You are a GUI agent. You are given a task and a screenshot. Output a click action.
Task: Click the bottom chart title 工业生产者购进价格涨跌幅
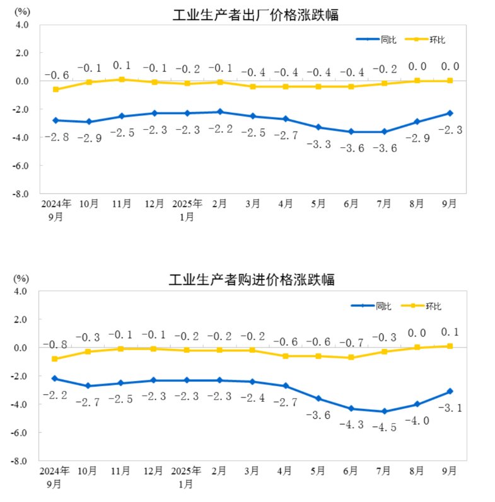(x=252, y=280)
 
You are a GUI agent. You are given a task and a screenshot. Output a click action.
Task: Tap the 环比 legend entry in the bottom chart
(x=433, y=307)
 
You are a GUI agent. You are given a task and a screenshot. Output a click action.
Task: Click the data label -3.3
(x=318, y=144)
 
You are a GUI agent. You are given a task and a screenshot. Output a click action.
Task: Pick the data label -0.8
(x=56, y=345)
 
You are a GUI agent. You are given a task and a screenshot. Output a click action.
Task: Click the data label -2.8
(x=56, y=137)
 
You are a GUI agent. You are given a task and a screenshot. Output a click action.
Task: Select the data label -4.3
(x=351, y=425)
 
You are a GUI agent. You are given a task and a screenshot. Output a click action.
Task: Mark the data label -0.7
(x=351, y=343)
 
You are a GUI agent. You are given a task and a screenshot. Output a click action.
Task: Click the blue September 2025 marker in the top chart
(x=450, y=113)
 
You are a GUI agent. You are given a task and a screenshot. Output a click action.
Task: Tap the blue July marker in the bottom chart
(x=385, y=411)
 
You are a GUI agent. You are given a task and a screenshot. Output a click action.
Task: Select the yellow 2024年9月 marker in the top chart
(x=56, y=89)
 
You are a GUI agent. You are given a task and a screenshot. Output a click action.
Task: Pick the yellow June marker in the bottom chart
(x=351, y=358)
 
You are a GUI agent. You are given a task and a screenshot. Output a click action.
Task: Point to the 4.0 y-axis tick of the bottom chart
(x=22, y=292)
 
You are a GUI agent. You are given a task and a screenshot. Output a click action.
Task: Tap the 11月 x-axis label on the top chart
(x=122, y=204)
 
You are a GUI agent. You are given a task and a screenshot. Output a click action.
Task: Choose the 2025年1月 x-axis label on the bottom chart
(x=187, y=477)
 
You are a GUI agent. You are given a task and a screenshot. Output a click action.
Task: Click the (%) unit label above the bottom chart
(x=22, y=278)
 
